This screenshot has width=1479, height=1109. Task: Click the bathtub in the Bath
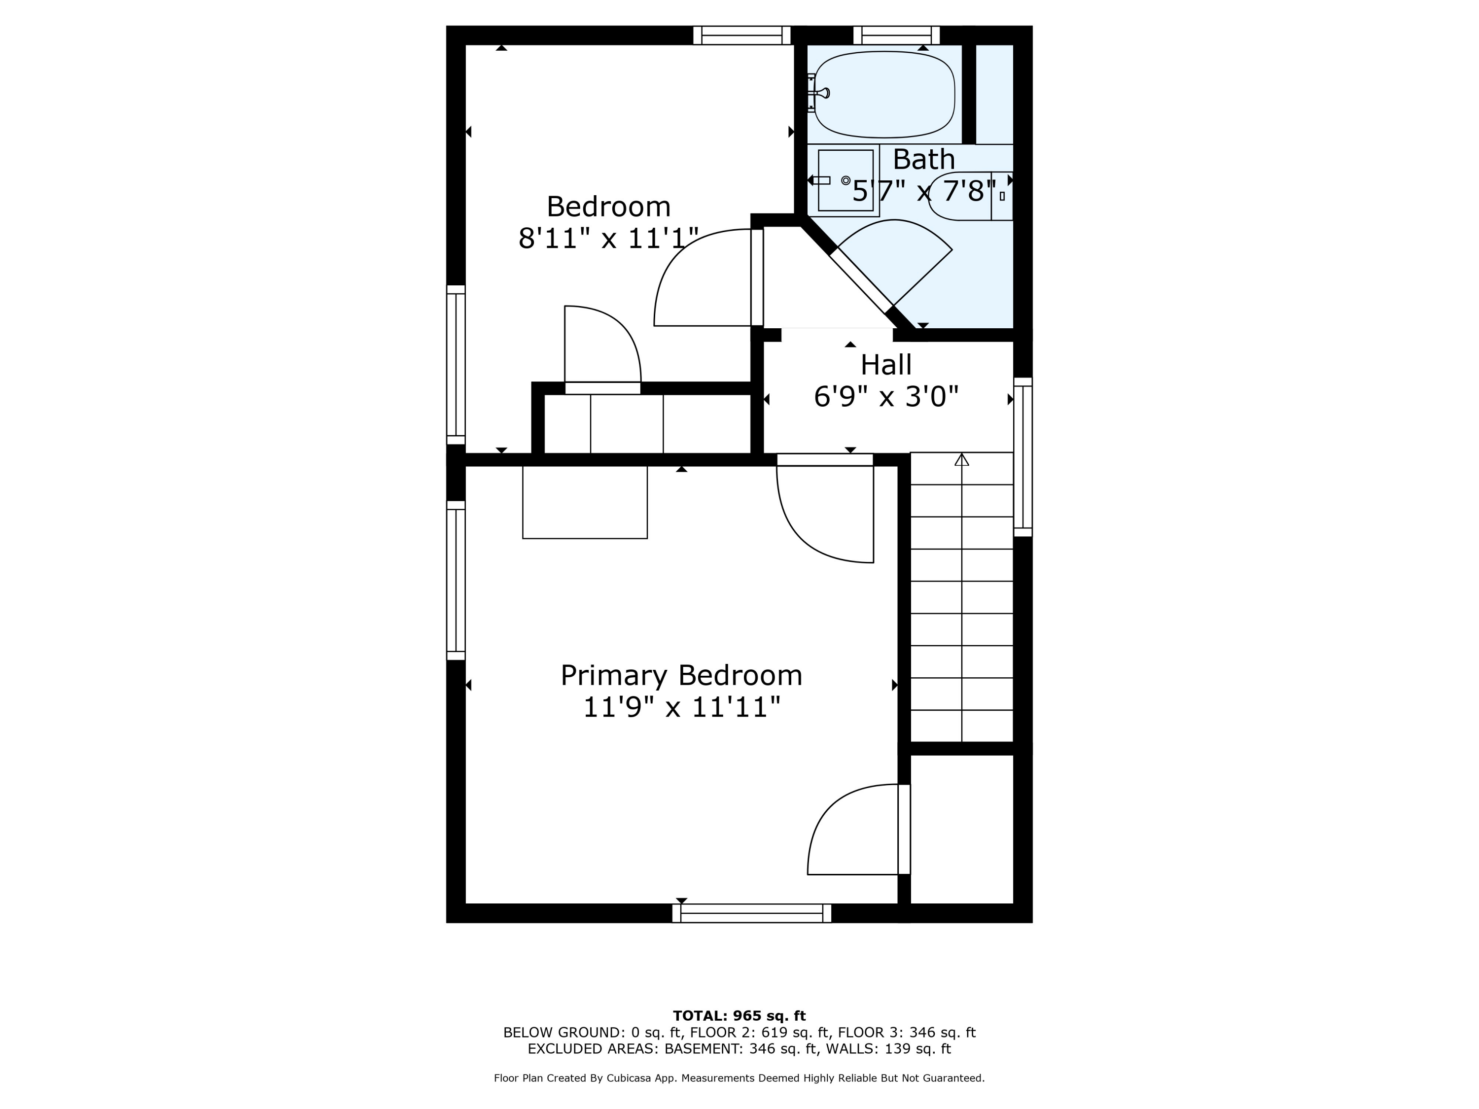(884, 94)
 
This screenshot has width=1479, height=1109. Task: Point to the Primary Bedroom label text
(681, 675)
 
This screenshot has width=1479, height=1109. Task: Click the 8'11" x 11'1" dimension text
(608, 238)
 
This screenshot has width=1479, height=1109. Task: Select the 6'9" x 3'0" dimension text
(886, 396)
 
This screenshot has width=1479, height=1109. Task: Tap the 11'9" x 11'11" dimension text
(681, 707)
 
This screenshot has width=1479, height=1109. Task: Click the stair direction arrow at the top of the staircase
(961, 459)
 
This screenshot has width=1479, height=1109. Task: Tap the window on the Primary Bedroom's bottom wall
(751, 913)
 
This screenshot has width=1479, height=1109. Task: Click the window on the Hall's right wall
(1023, 457)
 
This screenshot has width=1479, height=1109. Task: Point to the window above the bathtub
(897, 35)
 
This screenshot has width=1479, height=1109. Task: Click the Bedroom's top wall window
(742, 35)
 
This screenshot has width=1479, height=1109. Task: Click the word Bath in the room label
(924, 159)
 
